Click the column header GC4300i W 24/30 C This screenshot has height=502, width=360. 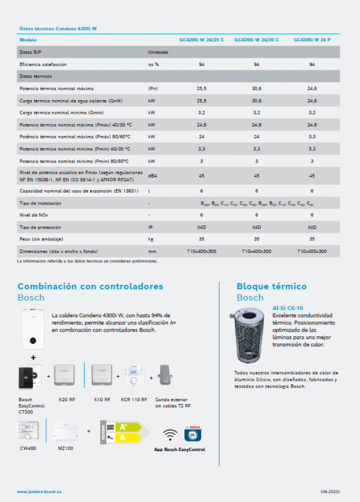[x=256, y=40]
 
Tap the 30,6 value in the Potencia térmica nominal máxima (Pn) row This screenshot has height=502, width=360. [x=256, y=88]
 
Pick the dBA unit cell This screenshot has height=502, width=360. [x=153, y=176]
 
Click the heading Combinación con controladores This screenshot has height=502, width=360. [x=90, y=286]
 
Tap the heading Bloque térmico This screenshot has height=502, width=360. [x=271, y=286]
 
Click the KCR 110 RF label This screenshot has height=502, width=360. [x=135, y=399]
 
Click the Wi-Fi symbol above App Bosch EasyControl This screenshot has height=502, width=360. [x=171, y=433]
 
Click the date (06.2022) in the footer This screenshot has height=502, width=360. [x=331, y=491]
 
